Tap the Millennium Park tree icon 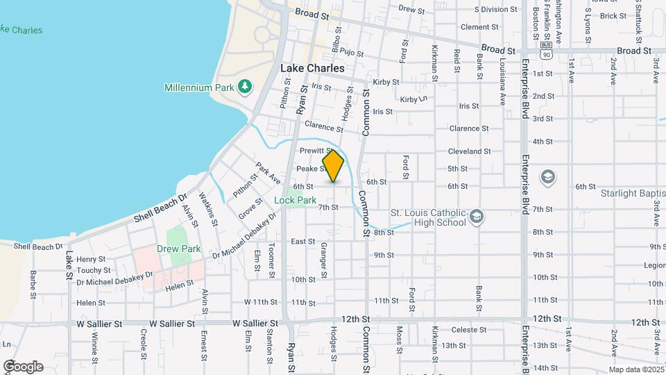pyautogui.click(x=244, y=87)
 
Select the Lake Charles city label pyautogui.click(x=311, y=69)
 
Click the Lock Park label pyautogui.click(x=295, y=200)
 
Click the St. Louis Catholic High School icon pyautogui.click(x=477, y=217)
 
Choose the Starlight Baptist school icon pyautogui.click(x=547, y=176)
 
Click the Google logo pyautogui.click(x=23, y=366)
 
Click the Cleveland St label pyautogui.click(x=470, y=151)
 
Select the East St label pyautogui.click(x=302, y=242)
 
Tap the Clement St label pyautogui.click(x=475, y=27)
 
